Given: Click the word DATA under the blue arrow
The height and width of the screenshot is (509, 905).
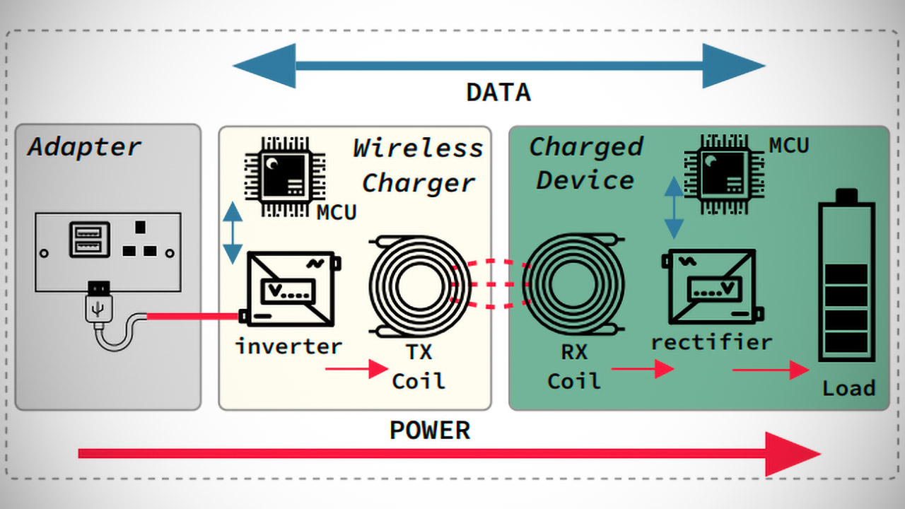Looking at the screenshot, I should click(498, 93).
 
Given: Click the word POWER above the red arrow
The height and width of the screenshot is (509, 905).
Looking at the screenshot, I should click(430, 431).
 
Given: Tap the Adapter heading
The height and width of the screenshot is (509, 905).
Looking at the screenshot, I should click(85, 147).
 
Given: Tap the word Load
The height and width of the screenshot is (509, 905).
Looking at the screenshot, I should click(848, 388).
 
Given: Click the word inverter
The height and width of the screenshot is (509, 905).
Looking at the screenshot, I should click(288, 346).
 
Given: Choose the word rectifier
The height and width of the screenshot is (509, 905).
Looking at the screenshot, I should click(711, 342).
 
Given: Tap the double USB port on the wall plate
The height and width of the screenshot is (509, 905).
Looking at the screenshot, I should click(89, 239).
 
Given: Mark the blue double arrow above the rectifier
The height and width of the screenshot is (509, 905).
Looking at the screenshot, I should click(675, 207).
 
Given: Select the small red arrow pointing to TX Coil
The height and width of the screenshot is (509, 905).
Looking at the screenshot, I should click(356, 369).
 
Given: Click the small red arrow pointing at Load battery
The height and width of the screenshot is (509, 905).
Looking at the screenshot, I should click(770, 369).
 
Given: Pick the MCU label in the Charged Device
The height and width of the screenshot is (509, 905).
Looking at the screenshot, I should click(789, 146).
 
